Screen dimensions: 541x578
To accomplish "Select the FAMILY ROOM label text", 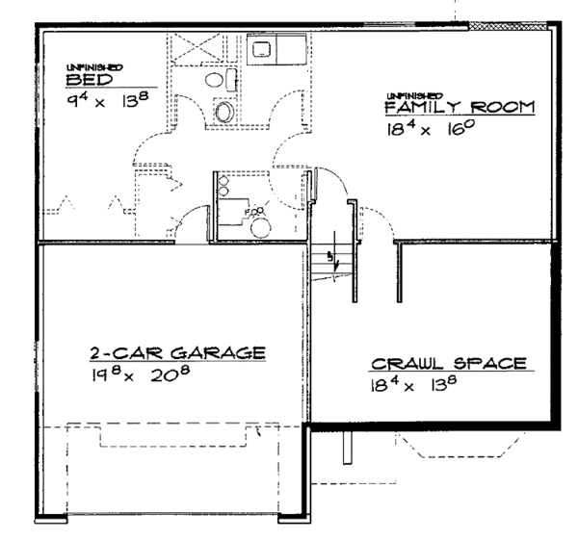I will [x=460, y=108].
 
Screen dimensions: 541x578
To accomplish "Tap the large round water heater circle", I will [x=261, y=226].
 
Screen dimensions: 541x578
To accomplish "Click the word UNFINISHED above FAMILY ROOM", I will [x=414, y=95].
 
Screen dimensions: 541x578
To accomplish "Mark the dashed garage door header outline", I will [x=177, y=435].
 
